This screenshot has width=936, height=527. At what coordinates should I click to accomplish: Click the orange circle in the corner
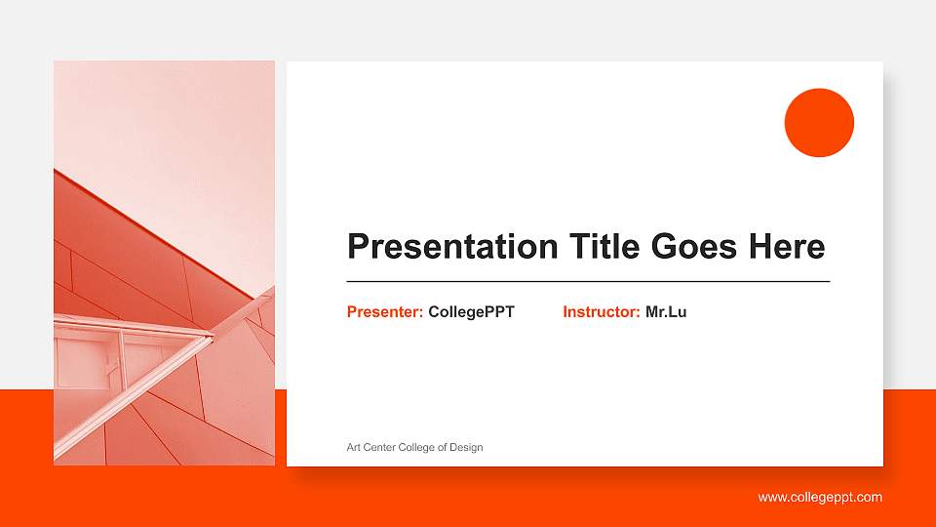click(x=819, y=123)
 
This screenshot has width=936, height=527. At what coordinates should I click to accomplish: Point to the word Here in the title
click(x=786, y=247)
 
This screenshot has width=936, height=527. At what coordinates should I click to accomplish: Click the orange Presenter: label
click(x=384, y=312)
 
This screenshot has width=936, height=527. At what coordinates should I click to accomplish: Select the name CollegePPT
click(x=471, y=312)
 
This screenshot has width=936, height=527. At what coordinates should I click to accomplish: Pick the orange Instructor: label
click(x=601, y=312)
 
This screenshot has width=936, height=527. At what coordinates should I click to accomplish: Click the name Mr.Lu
click(x=666, y=312)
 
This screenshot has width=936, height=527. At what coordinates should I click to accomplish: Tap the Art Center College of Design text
click(x=414, y=447)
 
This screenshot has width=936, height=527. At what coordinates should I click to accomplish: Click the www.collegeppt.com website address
click(x=820, y=498)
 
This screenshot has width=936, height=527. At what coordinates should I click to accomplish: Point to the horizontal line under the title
click(x=588, y=281)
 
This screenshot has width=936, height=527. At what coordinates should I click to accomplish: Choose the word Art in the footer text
click(x=354, y=447)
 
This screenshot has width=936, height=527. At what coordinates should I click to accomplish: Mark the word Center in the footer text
click(x=378, y=447)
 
